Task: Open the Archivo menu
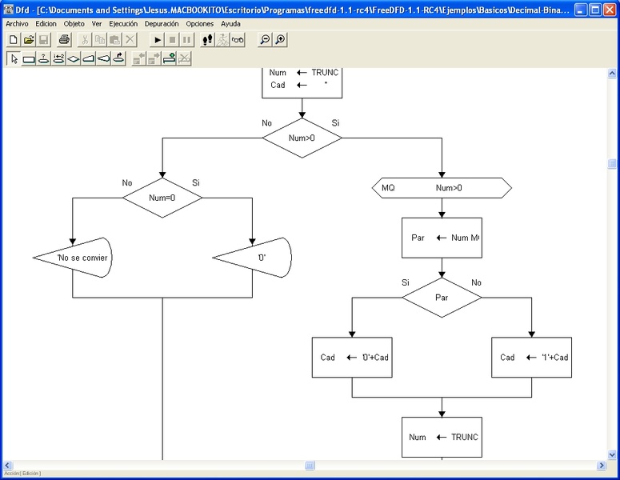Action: click(x=17, y=24)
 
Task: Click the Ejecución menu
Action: click(x=123, y=24)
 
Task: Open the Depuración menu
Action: click(x=162, y=24)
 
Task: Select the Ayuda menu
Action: click(x=230, y=24)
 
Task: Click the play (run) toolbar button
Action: click(x=158, y=39)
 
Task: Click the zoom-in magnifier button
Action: click(x=280, y=39)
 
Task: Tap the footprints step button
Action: click(x=207, y=39)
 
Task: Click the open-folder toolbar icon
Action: click(x=29, y=39)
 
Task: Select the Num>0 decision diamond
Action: click(x=302, y=138)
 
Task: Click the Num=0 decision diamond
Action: click(x=162, y=197)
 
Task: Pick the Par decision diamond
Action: click(x=442, y=298)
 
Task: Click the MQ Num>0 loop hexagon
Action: click(x=442, y=188)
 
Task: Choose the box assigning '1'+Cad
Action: click(x=532, y=357)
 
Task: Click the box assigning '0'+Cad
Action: click(x=352, y=357)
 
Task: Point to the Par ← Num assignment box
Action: click(x=442, y=238)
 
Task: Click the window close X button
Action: click(x=609, y=9)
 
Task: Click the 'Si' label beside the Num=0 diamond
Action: click(x=196, y=183)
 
